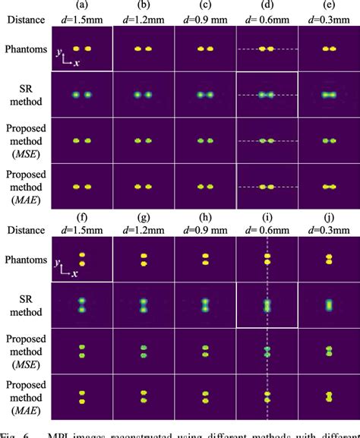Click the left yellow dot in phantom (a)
click(75, 49)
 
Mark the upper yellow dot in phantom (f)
click(81, 256)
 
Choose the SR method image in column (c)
click(205, 96)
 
